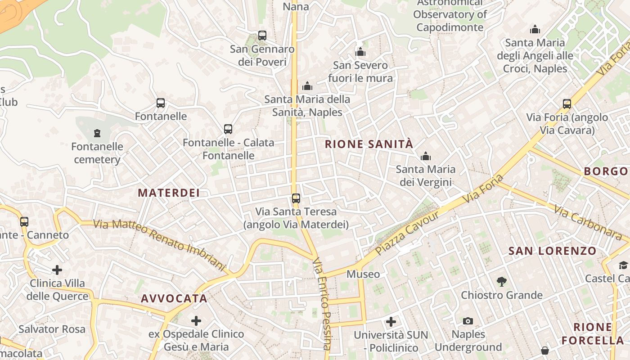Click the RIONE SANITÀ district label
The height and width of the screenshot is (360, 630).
(x=369, y=144)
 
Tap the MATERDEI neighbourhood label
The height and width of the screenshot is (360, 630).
(x=168, y=193)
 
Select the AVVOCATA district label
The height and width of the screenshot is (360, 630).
(x=174, y=298)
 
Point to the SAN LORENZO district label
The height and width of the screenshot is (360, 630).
(x=552, y=251)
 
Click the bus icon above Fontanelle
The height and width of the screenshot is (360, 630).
(x=161, y=103)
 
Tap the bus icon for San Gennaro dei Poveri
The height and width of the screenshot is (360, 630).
(x=262, y=36)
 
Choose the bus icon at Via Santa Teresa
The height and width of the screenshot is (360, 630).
(x=296, y=198)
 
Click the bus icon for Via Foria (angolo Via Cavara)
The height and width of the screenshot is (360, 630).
(x=567, y=104)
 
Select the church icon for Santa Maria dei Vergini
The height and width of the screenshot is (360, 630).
(x=425, y=157)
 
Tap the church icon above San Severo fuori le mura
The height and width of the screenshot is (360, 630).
(x=360, y=52)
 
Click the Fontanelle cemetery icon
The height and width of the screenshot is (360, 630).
(x=97, y=133)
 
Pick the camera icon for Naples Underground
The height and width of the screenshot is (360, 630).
(x=468, y=321)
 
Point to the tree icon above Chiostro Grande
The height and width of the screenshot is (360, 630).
(x=501, y=282)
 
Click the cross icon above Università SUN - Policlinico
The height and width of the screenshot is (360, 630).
(x=391, y=321)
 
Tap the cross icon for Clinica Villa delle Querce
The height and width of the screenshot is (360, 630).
(x=57, y=270)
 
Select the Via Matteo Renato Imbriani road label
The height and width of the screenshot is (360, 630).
(x=159, y=245)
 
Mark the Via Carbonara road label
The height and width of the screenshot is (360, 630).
(x=587, y=222)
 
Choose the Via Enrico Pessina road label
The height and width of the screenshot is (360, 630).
(x=322, y=304)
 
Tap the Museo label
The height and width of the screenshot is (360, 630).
(x=363, y=274)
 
